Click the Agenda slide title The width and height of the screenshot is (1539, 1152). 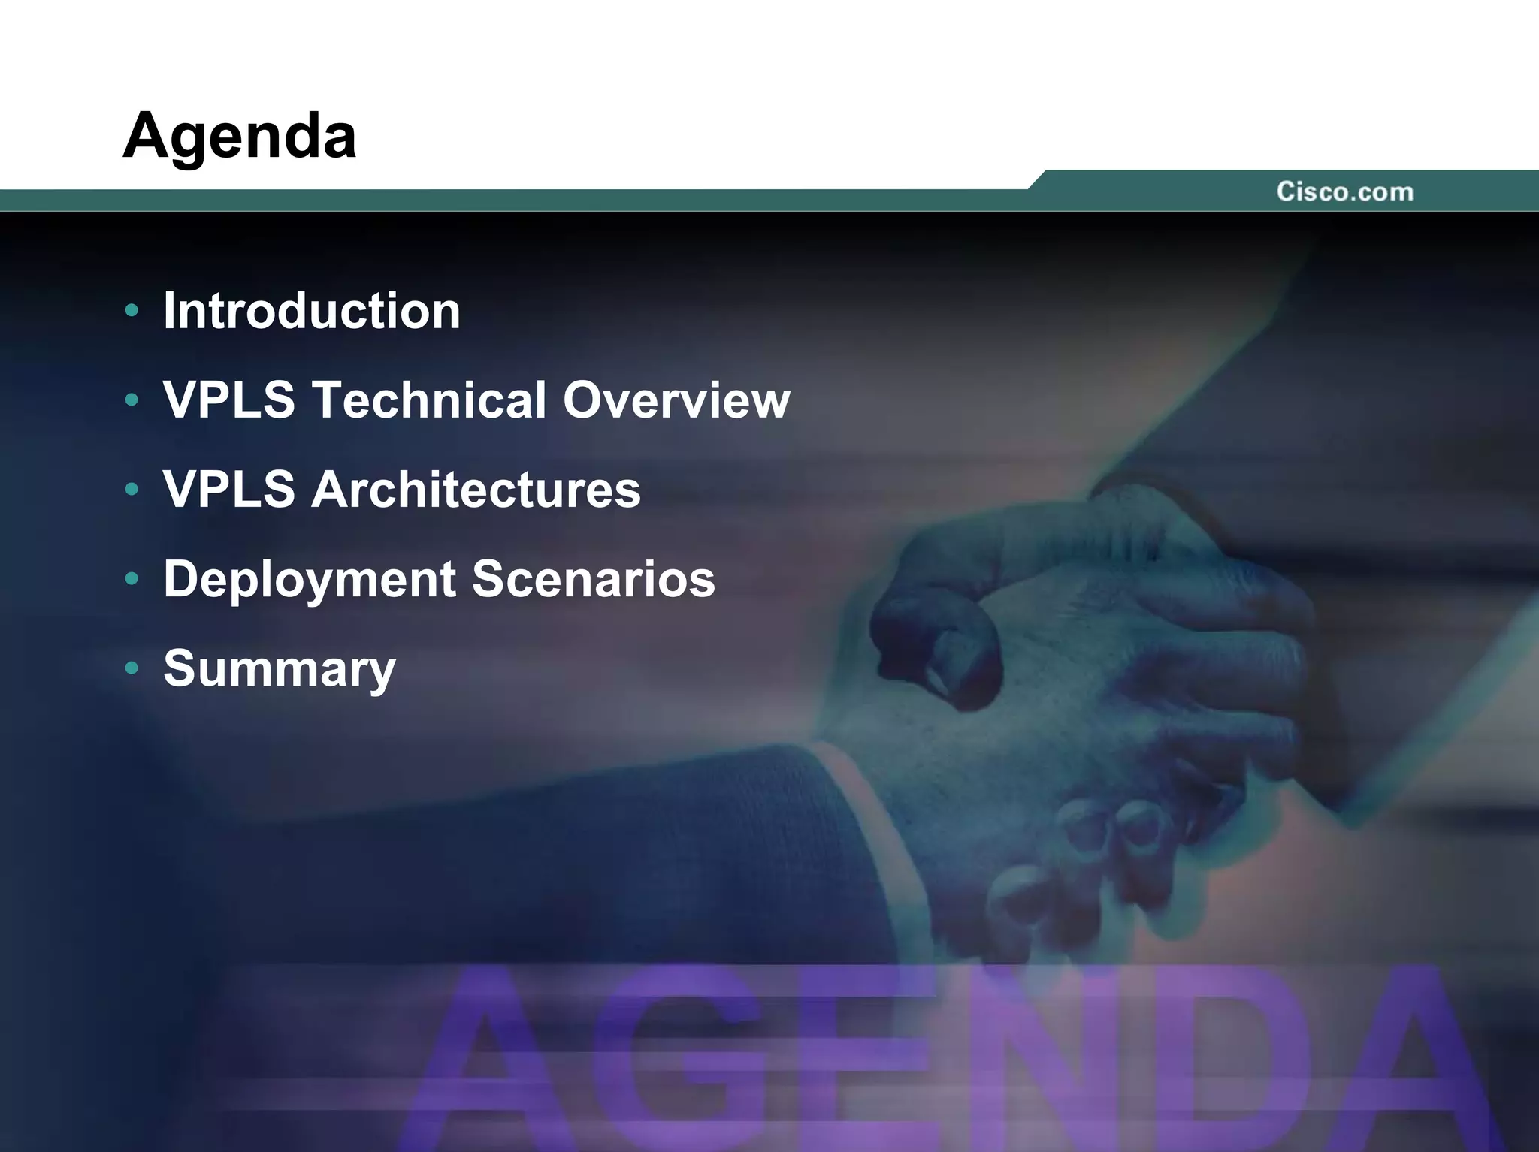[x=239, y=136]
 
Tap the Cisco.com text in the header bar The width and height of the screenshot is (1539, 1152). [x=1344, y=191]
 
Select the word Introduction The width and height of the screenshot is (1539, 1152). [x=311, y=310]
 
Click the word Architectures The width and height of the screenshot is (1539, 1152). [x=476, y=489]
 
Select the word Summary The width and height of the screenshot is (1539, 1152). [x=279, y=668]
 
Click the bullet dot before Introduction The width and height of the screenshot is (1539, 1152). [x=132, y=310]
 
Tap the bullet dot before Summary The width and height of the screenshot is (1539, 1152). [x=132, y=668]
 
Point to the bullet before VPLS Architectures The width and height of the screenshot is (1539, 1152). [x=132, y=489]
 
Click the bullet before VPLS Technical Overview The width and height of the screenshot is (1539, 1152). [x=132, y=400]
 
